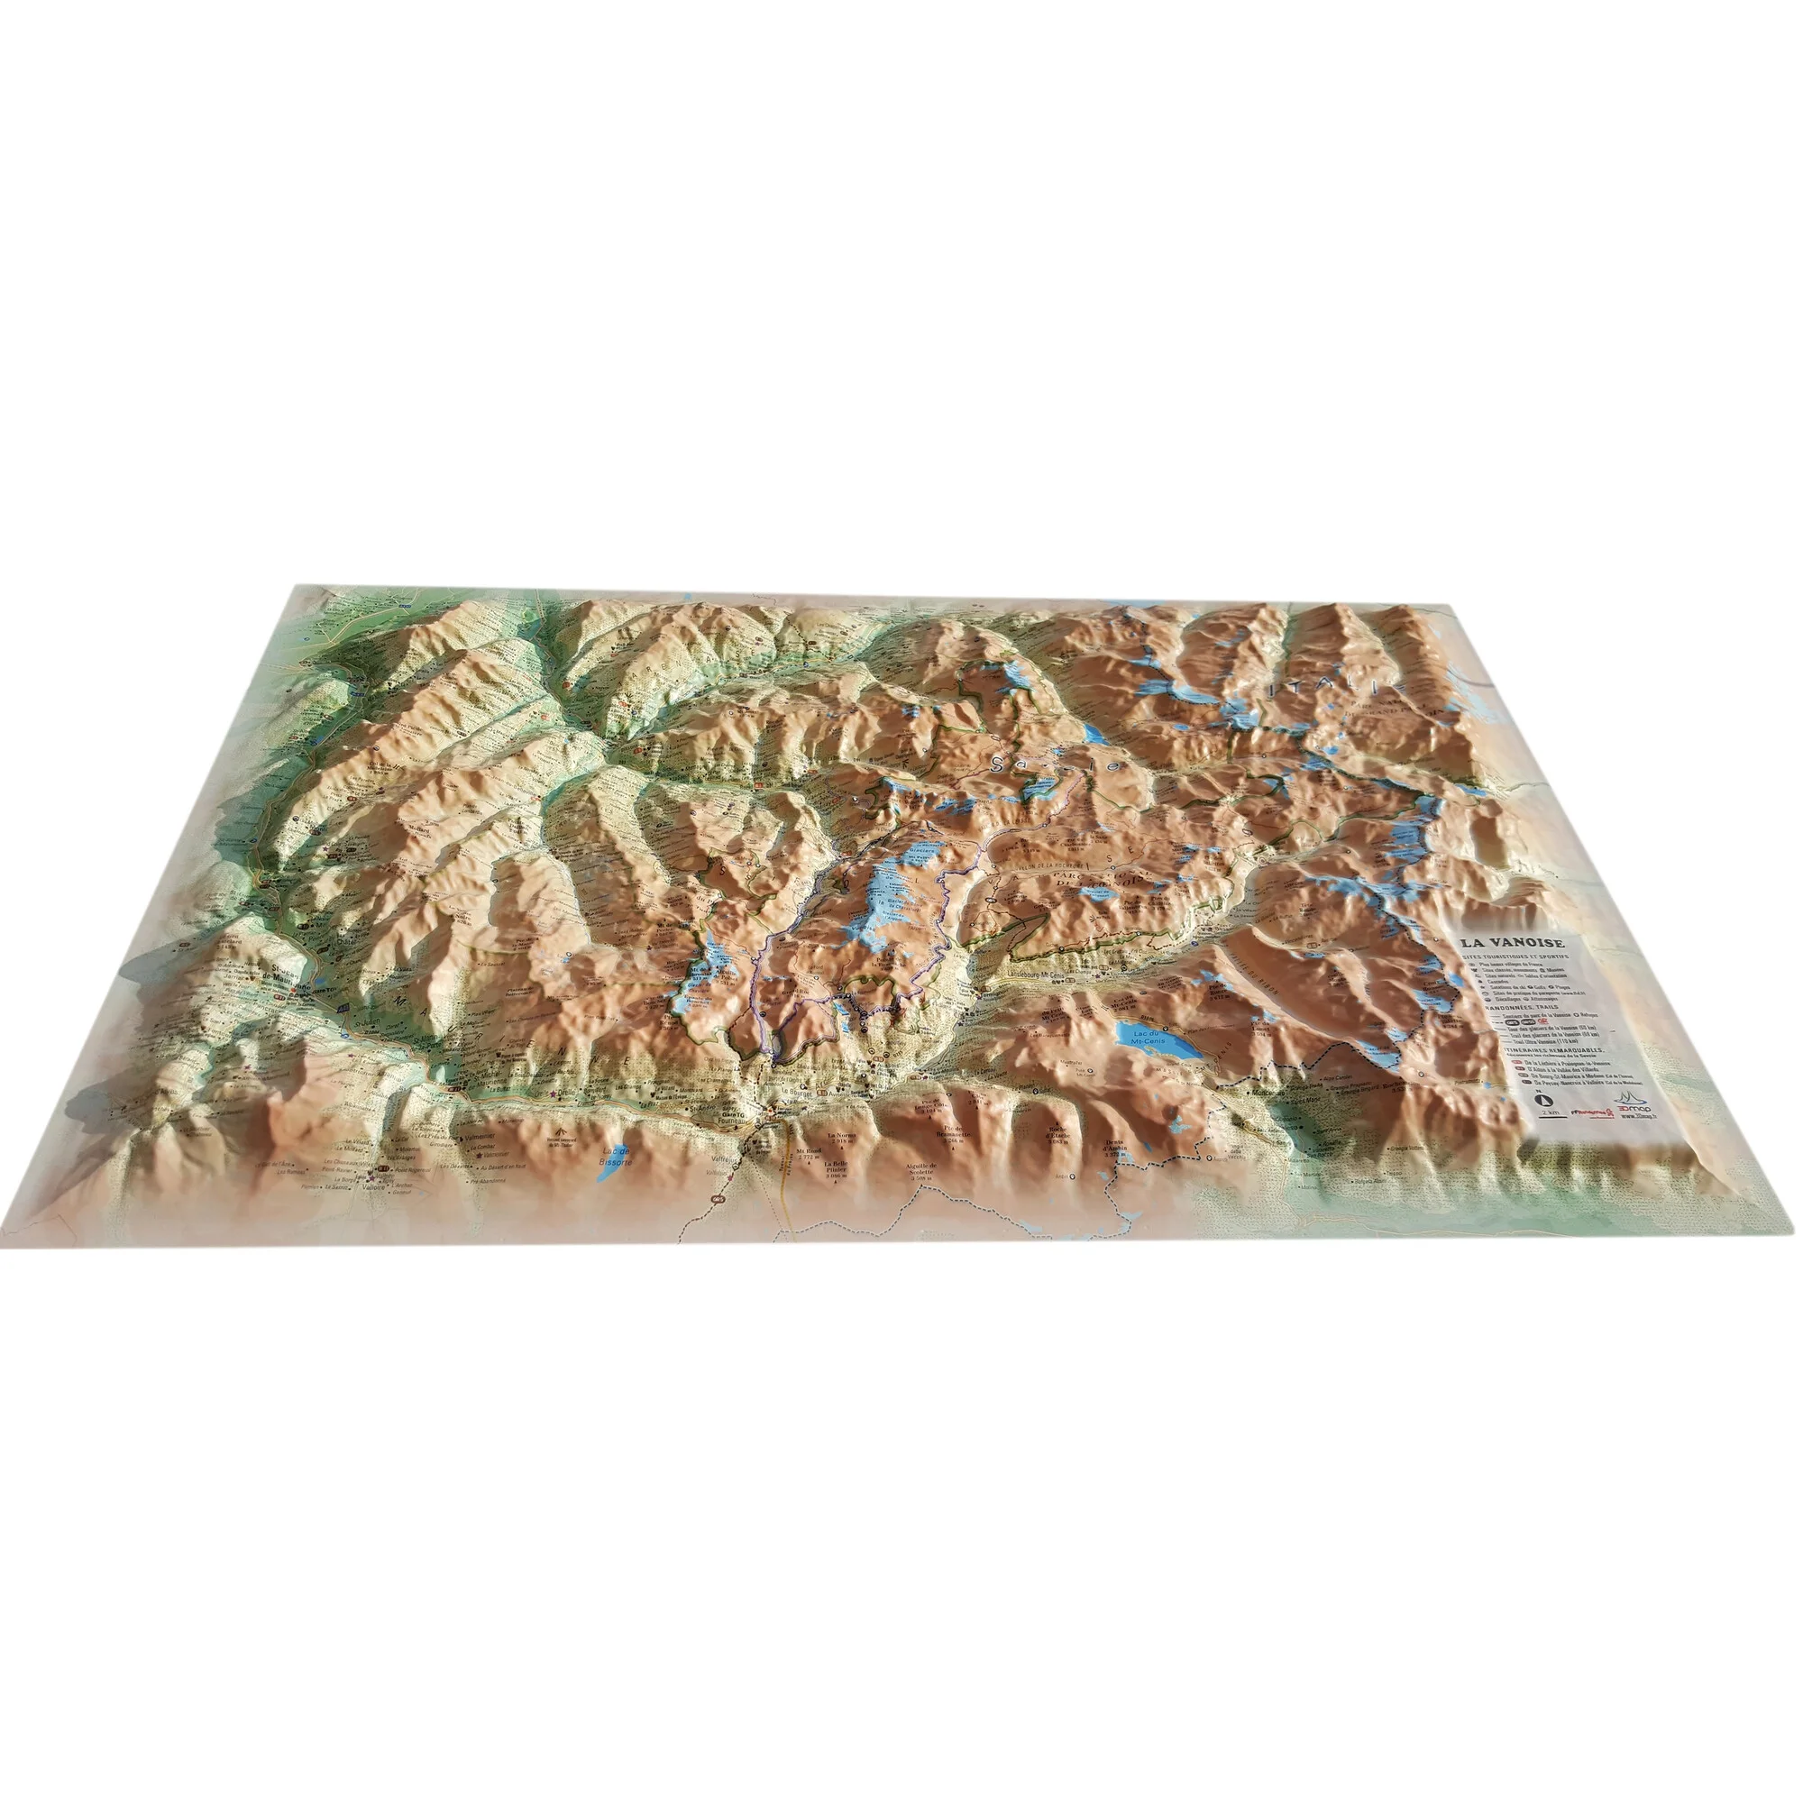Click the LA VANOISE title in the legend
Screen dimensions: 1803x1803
1503,944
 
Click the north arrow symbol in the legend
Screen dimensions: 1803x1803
1540,1098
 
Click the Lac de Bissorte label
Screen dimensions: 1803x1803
617,1158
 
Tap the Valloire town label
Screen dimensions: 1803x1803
372,1187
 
